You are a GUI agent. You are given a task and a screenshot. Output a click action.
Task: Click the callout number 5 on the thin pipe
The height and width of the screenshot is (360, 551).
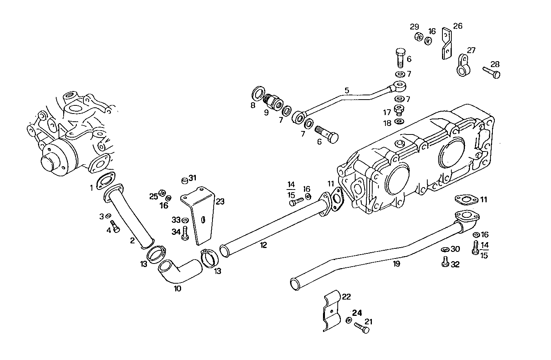[347, 90]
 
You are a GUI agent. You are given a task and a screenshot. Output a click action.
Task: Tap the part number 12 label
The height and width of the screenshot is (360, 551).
[263, 245]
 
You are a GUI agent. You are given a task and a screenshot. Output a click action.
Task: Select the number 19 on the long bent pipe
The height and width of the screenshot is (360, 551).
[396, 264]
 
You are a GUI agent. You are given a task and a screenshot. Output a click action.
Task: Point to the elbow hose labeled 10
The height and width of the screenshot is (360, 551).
[179, 271]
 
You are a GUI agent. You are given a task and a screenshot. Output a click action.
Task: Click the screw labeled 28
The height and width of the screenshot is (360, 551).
[492, 72]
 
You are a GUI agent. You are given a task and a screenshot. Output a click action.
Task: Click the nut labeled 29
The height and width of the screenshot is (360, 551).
[418, 38]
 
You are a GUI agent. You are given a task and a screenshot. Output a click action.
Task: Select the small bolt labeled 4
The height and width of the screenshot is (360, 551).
[114, 226]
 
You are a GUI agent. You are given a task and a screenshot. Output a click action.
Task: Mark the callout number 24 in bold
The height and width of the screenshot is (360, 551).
[357, 313]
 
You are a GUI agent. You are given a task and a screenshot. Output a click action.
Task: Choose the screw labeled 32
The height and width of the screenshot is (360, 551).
[445, 262]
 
